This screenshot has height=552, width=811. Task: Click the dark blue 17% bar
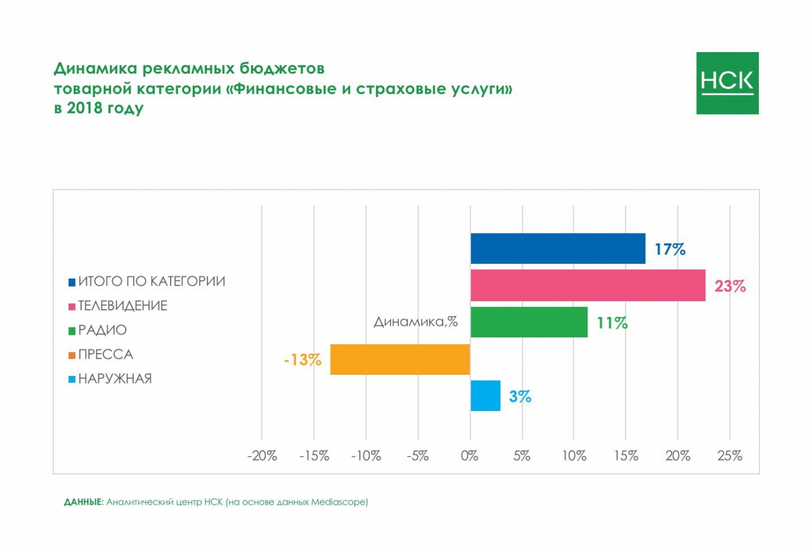point(557,248)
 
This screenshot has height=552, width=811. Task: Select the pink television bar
point(588,285)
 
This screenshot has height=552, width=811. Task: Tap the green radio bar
point(529,322)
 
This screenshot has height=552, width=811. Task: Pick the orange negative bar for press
point(400,359)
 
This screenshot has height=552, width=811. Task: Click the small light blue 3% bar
point(485,396)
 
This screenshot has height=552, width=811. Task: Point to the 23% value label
point(730,286)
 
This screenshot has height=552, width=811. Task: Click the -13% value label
point(303,360)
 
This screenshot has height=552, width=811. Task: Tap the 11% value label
point(612,323)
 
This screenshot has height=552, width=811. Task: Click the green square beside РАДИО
point(72,331)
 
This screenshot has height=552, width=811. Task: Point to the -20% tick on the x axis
point(262,456)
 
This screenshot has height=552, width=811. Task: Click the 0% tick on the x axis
point(470,456)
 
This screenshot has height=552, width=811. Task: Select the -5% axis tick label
point(417,456)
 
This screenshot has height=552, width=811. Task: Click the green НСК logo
point(727,83)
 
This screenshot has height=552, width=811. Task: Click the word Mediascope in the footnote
point(338,502)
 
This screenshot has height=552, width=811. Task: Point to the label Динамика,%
point(416,321)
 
